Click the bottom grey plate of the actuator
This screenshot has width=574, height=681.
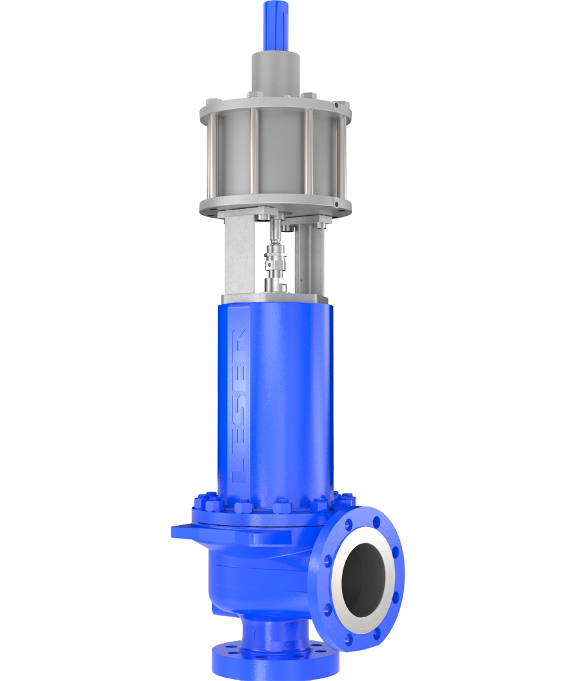pyautogui.click(x=276, y=207)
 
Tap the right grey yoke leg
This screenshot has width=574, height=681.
pyautogui.click(x=316, y=258)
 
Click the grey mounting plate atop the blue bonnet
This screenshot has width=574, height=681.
pyautogui.click(x=276, y=298)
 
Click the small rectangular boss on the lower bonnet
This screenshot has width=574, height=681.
pyautogui.click(x=258, y=537)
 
